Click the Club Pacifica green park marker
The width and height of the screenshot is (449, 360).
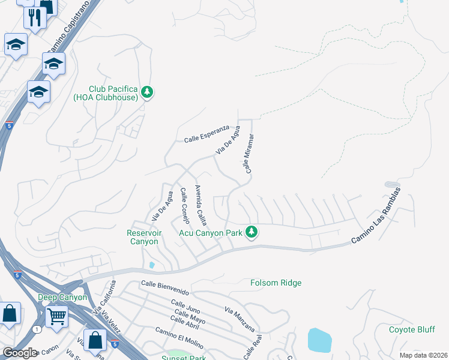[x=147, y=92]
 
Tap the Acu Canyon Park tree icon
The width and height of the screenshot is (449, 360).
[x=253, y=232]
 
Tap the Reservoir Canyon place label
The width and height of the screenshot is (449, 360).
[x=143, y=237]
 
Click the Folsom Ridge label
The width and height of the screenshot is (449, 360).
[x=276, y=283]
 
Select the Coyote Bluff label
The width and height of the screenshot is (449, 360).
[x=411, y=329]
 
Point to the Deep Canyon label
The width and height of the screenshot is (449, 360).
[x=62, y=297]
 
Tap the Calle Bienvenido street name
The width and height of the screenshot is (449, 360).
[x=165, y=287]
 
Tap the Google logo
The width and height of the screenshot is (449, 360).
[x=19, y=353]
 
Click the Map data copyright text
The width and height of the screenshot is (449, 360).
[x=423, y=355]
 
